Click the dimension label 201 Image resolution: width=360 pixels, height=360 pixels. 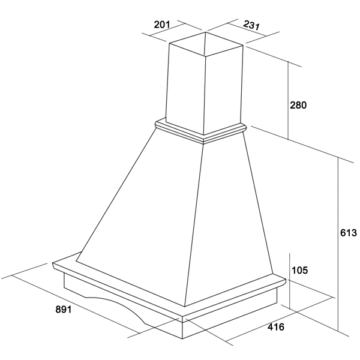[162, 25]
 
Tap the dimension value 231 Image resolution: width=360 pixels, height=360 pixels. [251, 25]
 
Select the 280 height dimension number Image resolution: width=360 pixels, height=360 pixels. [298, 105]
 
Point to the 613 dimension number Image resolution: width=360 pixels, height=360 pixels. [348, 233]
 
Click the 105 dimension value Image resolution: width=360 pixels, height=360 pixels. [299, 270]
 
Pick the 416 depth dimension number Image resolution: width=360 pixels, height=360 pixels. [276, 327]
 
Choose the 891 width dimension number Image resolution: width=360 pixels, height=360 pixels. [64, 310]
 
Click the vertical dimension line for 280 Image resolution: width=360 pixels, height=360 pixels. [289, 100]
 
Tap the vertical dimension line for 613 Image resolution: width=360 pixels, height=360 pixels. [338, 244]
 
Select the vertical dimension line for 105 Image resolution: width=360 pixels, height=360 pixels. [290, 281]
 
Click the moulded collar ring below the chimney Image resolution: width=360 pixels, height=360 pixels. [201, 131]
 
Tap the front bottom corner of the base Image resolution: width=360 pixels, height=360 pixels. [182, 338]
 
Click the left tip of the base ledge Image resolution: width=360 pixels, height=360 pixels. [53, 263]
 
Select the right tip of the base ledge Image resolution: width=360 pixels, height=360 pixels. [286, 280]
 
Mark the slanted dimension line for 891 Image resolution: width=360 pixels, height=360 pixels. [76, 304]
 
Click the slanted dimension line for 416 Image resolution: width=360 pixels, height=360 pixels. [280, 319]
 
